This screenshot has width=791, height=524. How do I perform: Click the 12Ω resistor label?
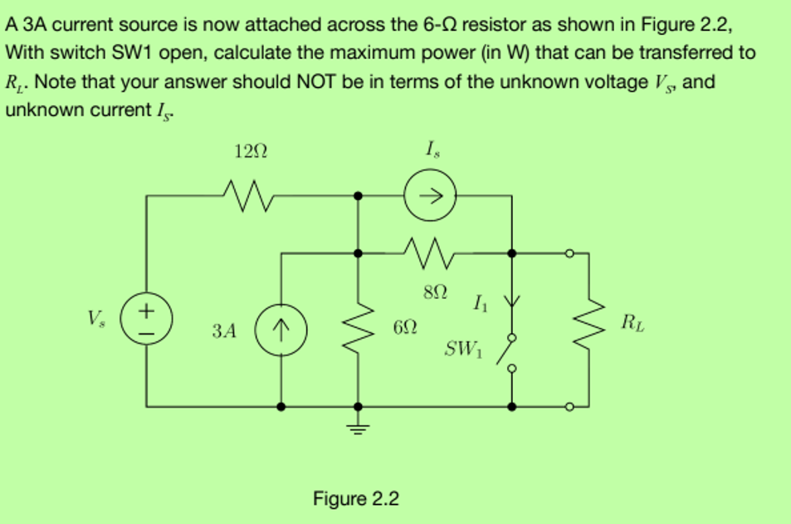click(x=251, y=152)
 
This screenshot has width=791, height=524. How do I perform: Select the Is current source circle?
click(x=431, y=196)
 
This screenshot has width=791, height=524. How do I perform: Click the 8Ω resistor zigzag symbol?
click(x=431, y=248)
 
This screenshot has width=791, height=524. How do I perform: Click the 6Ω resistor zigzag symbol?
click(x=359, y=330)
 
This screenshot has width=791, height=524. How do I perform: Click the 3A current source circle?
click(x=282, y=330)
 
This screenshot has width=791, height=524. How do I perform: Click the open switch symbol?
click(x=508, y=353)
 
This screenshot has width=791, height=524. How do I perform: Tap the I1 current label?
click(x=479, y=302)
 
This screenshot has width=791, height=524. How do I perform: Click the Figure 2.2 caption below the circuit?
click(x=355, y=498)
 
